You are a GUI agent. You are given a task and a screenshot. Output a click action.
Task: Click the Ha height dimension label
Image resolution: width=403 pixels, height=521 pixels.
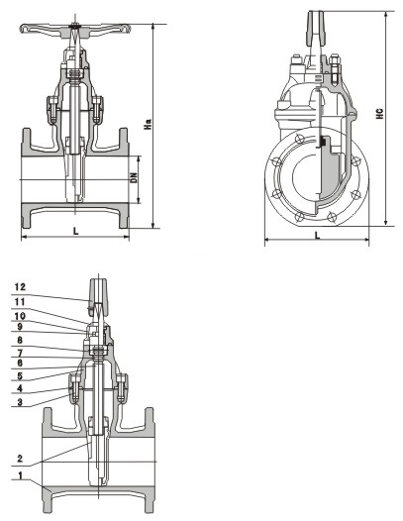(x=148, y=124)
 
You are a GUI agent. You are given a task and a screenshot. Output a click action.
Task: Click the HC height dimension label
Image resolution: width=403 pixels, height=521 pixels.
(x=380, y=114)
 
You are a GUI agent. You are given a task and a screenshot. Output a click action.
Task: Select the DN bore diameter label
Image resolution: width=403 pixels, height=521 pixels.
(x=134, y=177)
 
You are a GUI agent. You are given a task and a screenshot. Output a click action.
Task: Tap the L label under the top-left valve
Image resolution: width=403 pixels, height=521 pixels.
(x=76, y=231)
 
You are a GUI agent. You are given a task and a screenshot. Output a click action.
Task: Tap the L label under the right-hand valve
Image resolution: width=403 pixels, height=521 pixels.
(x=318, y=236)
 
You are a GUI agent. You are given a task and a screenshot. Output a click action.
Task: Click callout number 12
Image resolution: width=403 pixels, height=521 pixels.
(x=20, y=287)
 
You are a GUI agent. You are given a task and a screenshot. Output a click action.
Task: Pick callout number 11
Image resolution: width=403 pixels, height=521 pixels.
(x=20, y=302)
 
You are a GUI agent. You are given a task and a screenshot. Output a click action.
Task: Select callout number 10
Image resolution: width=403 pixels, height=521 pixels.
(x=20, y=316)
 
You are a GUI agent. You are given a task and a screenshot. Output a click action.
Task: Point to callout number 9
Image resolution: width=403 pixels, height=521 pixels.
(x=20, y=327)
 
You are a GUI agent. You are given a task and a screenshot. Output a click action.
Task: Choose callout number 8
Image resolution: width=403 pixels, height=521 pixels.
(x=20, y=341)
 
